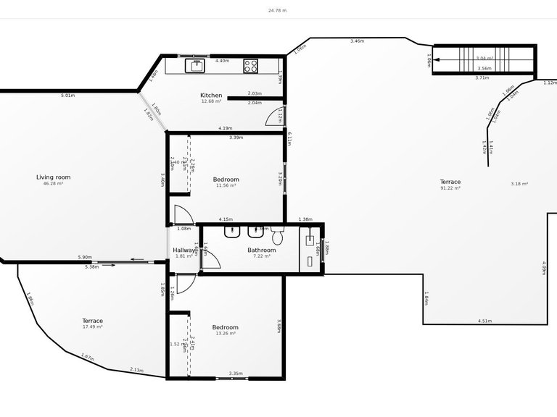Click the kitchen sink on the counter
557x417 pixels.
197,66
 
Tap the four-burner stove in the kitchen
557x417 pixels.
251,66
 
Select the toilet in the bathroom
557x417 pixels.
277,236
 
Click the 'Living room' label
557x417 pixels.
54,177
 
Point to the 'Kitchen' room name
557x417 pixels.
211,95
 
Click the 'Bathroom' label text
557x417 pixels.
262,250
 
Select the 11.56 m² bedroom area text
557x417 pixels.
226,185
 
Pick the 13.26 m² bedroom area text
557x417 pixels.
225,334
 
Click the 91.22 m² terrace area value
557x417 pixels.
450,188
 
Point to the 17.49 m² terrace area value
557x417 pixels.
92,327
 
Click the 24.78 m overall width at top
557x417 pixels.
278,11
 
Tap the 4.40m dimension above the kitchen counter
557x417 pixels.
222,60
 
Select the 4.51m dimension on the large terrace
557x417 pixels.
484,321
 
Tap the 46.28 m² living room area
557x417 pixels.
54,184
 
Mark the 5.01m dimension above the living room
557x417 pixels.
67,95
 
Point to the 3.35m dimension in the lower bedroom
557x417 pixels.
236,374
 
